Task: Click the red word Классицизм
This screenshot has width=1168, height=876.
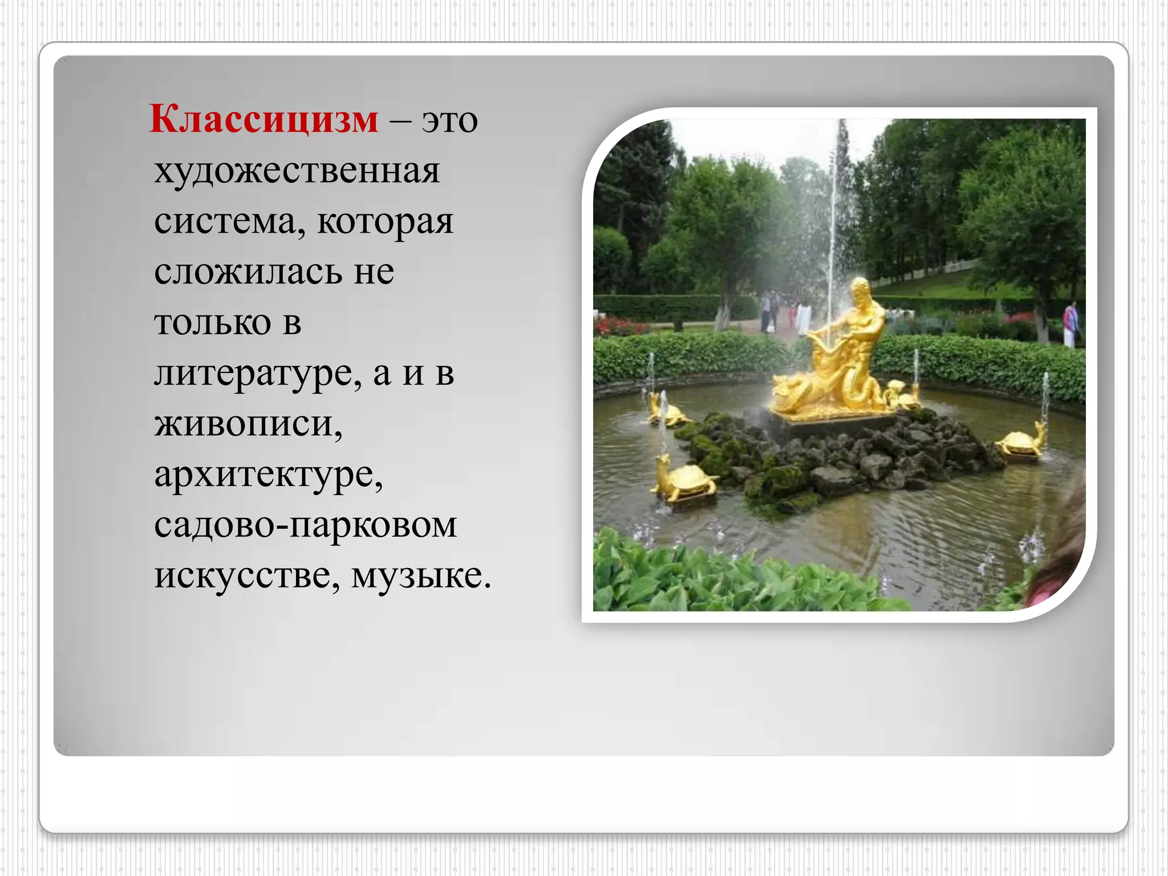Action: [263, 120]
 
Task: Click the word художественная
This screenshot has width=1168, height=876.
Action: [297, 171]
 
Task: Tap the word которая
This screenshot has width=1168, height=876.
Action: [385, 221]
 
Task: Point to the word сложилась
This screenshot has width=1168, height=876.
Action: [248, 271]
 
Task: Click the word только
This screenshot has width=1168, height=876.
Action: [212, 322]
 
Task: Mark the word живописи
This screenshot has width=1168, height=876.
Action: [248, 424]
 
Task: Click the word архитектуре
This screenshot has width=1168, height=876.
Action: [268, 474]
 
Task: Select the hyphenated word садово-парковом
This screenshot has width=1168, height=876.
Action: [305, 525]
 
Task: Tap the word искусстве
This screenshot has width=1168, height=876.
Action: [248, 575]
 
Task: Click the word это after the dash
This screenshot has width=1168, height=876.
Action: [449, 121]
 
